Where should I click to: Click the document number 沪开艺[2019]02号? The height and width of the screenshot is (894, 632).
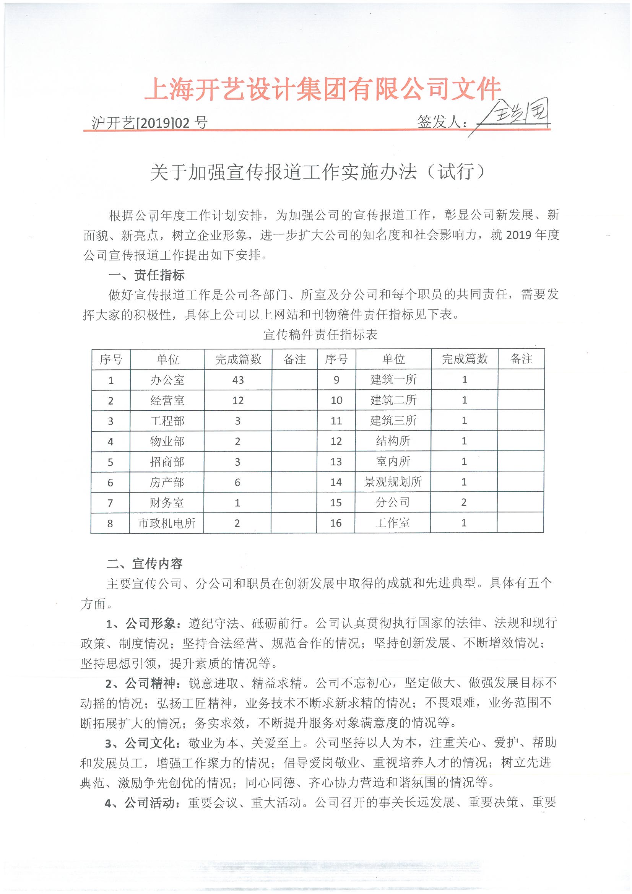(x=149, y=123)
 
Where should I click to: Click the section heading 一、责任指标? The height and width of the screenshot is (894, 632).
(x=146, y=275)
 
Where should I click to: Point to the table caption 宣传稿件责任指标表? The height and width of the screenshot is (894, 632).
(x=320, y=335)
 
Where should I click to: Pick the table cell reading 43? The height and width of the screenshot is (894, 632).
(x=237, y=380)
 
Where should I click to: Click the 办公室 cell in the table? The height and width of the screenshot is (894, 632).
(x=167, y=380)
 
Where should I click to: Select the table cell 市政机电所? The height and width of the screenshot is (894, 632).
(x=167, y=523)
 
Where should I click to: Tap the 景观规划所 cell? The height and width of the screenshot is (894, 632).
(x=393, y=482)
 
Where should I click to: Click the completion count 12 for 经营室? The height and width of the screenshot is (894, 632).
(x=237, y=400)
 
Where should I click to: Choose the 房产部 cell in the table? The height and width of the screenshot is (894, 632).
(x=167, y=483)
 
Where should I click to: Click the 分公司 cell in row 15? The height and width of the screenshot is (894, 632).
(x=393, y=503)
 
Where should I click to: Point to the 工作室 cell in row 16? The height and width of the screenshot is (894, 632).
(x=393, y=523)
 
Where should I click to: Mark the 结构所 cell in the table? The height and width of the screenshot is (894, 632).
(x=393, y=441)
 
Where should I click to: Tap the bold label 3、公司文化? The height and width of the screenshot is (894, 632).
(x=143, y=743)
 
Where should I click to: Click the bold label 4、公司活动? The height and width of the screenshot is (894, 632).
(x=143, y=803)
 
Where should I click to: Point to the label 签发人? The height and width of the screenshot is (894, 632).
(x=442, y=122)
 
